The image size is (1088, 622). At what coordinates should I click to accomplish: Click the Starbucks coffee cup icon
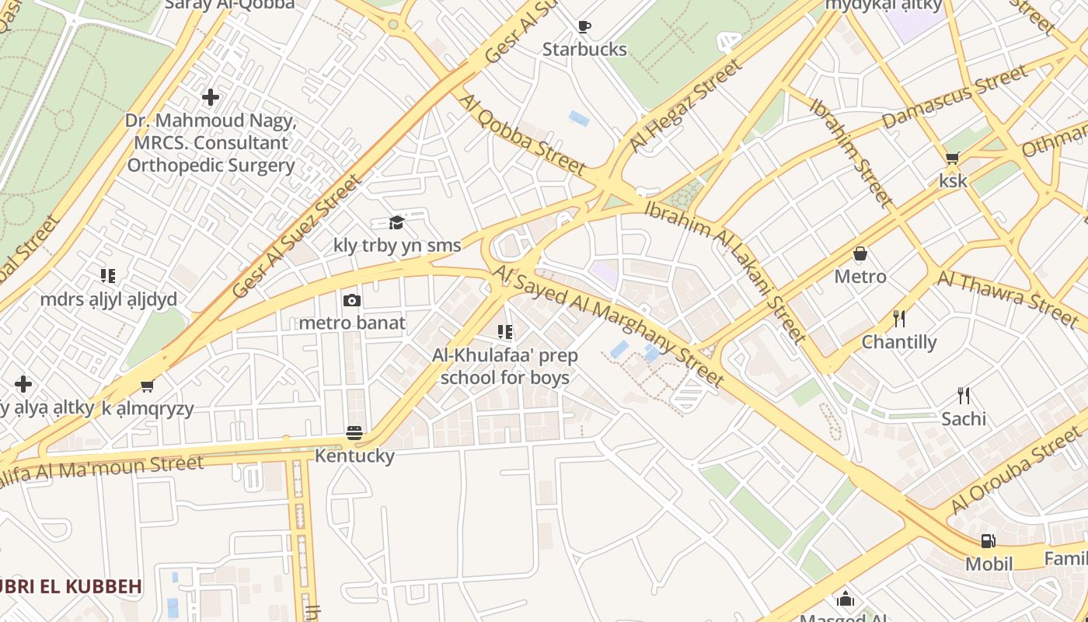[x=584, y=27]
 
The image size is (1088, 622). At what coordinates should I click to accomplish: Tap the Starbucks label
[x=584, y=50]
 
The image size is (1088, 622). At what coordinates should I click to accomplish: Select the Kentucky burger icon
[x=354, y=433]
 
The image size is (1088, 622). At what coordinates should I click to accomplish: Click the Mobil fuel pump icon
[x=988, y=541]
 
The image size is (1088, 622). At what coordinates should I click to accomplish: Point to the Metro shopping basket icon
[x=860, y=254]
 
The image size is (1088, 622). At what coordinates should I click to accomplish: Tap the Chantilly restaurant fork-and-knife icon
[x=899, y=319]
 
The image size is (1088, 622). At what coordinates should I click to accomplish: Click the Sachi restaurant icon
[x=964, y=396]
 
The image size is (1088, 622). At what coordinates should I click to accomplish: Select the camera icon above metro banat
[x=351, y=301]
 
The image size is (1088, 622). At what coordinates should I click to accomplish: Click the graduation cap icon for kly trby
[x=397, y=224]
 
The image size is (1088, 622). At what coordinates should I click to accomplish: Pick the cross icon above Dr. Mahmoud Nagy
[x=210, y=97]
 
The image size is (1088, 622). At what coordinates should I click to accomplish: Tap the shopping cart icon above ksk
[x=953, y=159]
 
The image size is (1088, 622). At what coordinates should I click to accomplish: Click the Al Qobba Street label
[x=521, y=134]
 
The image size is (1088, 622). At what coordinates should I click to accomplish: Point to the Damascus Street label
[x=955, y=97]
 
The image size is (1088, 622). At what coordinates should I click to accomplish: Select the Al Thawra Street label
[x=1007, y=299]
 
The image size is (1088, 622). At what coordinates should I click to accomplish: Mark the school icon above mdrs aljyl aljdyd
[x=108, y=276]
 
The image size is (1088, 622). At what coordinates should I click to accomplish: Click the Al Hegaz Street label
[x=685, y=107]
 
